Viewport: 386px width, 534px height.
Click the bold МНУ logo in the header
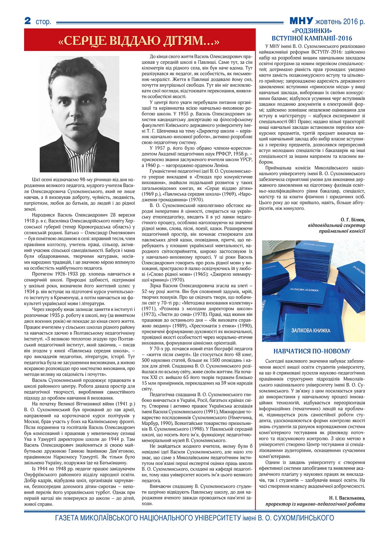[x=301, y=21]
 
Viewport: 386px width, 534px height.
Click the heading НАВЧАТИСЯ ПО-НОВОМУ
[x=312, y=351]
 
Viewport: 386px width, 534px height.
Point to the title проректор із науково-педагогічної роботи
[x=315, y=504]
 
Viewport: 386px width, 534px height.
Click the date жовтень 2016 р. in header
[x=340, y=22]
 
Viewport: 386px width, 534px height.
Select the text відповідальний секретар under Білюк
[x=336, y=225]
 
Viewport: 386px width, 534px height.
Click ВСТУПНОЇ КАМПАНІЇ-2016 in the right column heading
[x=312, y=38]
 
